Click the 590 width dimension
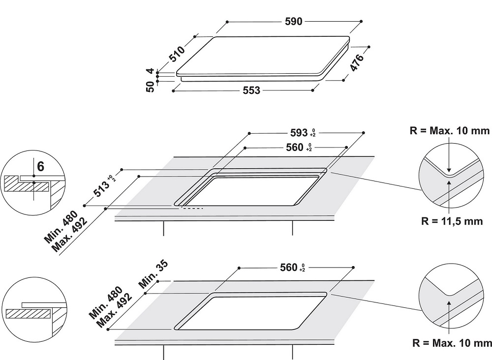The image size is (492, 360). pyautogui.click(x=293, y=21)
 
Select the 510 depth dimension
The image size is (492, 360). pyautogui.click(x=177, y=54)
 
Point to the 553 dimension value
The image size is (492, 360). pyautogui.click(x=251, y=90)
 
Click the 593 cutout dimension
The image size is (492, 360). pyautogui.click(x=299, y=133)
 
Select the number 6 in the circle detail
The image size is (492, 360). pyautogui.click(x=40, y=167)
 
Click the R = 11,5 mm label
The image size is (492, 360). pyautogui.click(x=452, y=221)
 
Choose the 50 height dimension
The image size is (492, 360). pyautogui.click(x=150, y=87)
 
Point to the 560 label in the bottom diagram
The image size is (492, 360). pyautogui.click(x=289, y=268)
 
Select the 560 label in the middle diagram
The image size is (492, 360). pyautogui.click(x=295, y=148)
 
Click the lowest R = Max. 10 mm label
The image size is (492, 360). pyautogui.click(x=452, y=343)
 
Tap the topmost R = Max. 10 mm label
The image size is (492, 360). pyautogui.click(x=450, y=130)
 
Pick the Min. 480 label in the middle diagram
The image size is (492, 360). pyautogui.click(x=61, y=227)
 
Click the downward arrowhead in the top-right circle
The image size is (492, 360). pyautogui.click(x=449, y=170)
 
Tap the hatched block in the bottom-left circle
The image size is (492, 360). pyautogui.click(x=29, y=314)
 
